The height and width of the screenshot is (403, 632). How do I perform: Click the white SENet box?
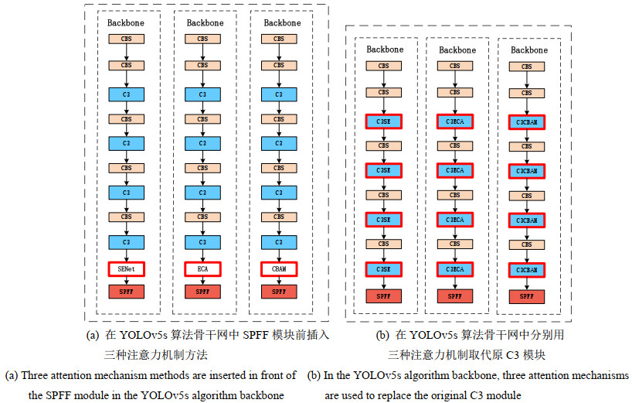(126, 268)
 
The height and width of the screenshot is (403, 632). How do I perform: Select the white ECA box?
(202, 268)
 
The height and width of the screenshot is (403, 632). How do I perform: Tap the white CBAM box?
(279, 268)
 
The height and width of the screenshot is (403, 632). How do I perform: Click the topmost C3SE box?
(383, 121)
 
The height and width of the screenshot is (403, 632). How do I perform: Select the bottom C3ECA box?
(455, 269)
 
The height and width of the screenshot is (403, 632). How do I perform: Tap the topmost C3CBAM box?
(527, 121)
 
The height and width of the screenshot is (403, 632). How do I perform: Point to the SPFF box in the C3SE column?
(383, 295)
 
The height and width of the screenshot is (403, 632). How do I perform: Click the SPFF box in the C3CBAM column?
(527, 296)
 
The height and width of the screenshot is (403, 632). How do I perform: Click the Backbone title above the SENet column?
(126, 23)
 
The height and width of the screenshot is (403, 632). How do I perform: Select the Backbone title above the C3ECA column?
(457, 50)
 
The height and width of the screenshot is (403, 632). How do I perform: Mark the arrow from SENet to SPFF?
(126, 280)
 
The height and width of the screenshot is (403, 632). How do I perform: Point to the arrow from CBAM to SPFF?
(279, 280)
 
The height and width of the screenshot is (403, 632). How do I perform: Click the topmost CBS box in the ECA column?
(202, 39)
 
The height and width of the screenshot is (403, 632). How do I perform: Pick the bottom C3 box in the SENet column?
(126, 241)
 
